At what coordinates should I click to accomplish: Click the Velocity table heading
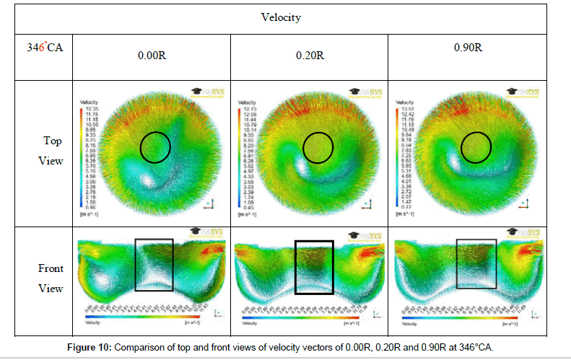point(284,16)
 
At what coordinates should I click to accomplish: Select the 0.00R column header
point(150,54)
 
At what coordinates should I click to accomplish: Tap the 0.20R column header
point(309,54)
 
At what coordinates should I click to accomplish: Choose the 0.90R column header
point(469,48)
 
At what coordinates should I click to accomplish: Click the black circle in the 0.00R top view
point(155,147)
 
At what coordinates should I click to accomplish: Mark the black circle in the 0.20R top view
point(318,147)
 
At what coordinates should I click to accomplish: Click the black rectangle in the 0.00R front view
point(154,265)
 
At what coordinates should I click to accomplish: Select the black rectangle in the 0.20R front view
point(314,267)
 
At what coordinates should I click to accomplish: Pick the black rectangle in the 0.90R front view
point(476,265)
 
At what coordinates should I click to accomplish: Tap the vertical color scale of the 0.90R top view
point(399,152)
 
